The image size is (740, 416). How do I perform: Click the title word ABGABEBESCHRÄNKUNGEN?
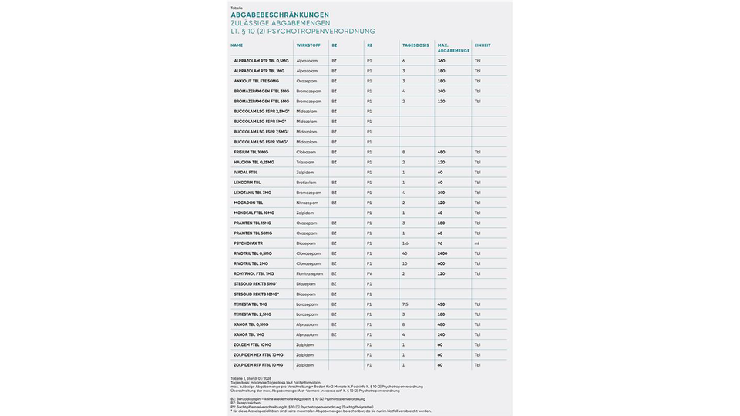[280, 15]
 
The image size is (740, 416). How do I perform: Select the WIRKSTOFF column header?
[308, 45]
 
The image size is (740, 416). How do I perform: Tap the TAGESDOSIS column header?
[415, 45]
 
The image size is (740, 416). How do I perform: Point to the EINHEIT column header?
[483, 45]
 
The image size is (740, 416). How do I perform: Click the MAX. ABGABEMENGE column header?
[452, 48]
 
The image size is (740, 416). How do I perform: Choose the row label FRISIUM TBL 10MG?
[251, 152]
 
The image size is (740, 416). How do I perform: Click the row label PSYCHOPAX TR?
[248, 243]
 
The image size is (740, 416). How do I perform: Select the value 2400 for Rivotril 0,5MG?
[442, 253]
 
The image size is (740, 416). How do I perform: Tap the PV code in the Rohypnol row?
[369, 273]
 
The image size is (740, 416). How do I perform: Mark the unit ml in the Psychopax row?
[477, 243]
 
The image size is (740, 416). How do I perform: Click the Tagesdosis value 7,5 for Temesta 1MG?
[405, 304]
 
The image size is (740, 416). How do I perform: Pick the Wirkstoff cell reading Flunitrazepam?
[310, 273]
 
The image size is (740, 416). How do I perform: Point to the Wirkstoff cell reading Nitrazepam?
[308, 203]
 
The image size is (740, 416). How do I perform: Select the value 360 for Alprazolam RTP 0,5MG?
[442, 61]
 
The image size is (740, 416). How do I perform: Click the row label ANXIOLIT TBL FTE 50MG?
[257, 81]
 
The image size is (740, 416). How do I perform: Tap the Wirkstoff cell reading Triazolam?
[306, 163]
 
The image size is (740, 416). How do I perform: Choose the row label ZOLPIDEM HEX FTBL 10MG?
[258, 355]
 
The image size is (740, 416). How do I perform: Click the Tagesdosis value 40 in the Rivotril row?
[405, 253]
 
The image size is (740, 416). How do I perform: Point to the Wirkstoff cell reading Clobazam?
[306, 152]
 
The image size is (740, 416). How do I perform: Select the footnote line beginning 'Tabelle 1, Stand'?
[251, 378]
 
